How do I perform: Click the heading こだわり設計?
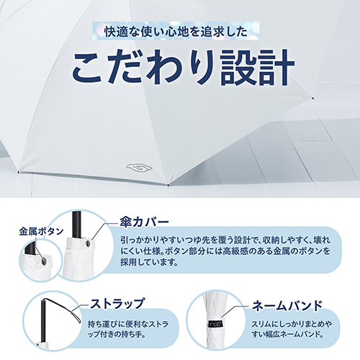(x=183, y=67)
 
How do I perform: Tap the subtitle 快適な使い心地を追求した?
(x=176, y=32)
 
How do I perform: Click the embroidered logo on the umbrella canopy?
(x=139, y=167)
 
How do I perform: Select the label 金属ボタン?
(x=41, y=232)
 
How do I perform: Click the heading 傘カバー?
(x=144, y=222)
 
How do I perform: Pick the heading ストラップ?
(x=117, y=303)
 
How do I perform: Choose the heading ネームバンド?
(x=287, y=305)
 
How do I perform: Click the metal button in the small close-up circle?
(x=44, y=261)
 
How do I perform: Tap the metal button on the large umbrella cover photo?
(x=88, y=244)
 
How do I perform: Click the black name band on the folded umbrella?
(x=216, y=323)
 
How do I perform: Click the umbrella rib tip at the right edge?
(x=312, y=98)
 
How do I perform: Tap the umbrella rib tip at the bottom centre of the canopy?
(x=168, y=184)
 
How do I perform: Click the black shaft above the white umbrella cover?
(x=76, y=225)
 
